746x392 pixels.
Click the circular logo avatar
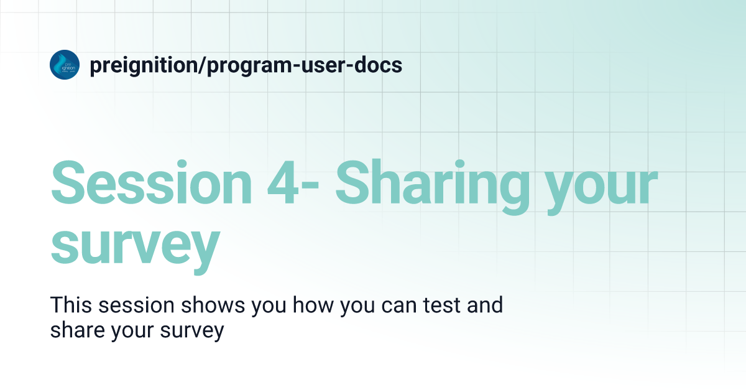(x=65, y=64)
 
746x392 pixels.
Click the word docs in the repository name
(x=376, y=65)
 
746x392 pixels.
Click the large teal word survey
(x=135, y=245)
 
